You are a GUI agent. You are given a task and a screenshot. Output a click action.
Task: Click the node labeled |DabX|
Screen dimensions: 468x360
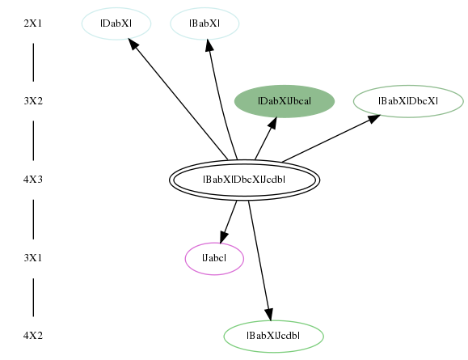116,23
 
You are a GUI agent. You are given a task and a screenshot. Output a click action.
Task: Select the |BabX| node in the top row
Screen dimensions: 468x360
204,23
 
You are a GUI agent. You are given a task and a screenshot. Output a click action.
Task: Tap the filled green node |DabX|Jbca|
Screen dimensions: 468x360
285,102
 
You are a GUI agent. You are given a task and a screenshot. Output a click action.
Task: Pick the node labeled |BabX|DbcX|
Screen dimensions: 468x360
408,102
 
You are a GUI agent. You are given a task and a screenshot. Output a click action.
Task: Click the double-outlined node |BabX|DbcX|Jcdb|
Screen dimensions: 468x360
244,180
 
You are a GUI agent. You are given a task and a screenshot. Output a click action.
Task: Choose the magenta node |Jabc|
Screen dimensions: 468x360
214,258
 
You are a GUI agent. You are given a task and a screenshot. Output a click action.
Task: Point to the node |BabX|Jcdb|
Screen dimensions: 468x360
274,337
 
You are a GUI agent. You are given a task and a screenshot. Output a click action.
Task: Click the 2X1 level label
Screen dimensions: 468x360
33,23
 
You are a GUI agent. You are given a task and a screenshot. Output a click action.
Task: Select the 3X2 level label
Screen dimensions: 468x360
33,101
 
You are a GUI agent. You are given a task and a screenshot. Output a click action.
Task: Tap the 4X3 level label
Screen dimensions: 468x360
33,180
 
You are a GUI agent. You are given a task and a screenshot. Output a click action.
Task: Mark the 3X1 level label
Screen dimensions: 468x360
33,258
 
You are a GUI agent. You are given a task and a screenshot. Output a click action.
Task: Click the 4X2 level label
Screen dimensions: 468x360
33,336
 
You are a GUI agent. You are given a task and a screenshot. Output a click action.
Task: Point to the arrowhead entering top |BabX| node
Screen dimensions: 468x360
209,45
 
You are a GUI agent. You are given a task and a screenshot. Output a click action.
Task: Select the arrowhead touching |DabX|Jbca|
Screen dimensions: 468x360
272,123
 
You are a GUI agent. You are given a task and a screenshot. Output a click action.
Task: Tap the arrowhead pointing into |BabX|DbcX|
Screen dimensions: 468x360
374,118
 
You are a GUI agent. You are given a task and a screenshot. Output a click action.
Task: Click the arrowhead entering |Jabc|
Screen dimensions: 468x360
224,236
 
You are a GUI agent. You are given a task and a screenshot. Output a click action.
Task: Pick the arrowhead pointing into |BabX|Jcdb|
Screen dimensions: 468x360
268,315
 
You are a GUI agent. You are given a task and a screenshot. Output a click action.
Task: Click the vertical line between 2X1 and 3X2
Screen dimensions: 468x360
33,62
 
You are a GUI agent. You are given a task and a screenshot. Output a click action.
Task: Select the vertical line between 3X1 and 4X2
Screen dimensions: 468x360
33,297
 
